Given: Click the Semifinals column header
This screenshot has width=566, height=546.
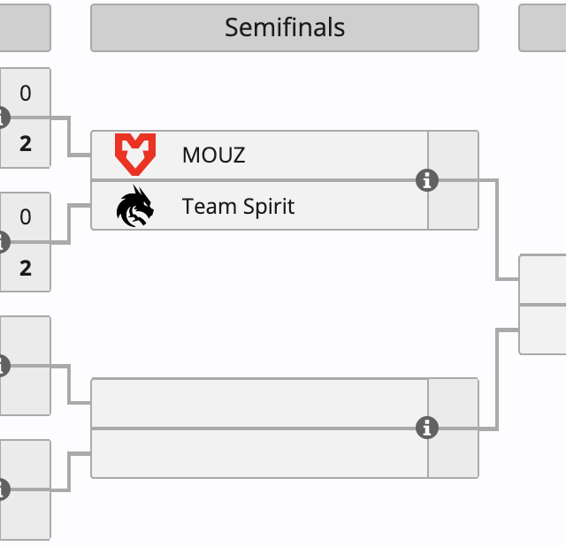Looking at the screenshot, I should click(284, 27).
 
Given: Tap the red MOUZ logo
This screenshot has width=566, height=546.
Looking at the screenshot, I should click(135, 155).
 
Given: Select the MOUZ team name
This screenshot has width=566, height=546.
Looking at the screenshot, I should click(213, 155).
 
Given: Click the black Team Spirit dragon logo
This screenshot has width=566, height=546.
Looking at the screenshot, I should click(135, 207).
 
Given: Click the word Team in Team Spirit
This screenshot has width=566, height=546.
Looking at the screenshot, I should click(203, 207).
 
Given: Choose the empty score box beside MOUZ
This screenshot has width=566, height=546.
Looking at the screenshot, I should click(453, 155).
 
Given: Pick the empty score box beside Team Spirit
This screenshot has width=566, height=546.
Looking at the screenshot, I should click(453, 206).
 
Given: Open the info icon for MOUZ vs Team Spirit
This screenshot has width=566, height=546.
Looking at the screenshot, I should click(427, 180).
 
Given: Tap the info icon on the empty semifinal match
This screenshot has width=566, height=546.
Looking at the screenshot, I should click(427, 428).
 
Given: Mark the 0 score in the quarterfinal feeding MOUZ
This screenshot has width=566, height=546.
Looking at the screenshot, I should click(25, 93).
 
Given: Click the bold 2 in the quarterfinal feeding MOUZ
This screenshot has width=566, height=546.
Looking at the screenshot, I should click(25, 143).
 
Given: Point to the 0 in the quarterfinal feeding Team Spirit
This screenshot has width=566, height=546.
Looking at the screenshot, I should click(25, 216).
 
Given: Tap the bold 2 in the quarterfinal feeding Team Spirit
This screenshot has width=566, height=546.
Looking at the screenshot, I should click(25, 267).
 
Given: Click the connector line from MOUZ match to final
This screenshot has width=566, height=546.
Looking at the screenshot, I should click(497, 230).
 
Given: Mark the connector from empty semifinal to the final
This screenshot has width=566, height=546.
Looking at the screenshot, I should click(497, 380).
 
